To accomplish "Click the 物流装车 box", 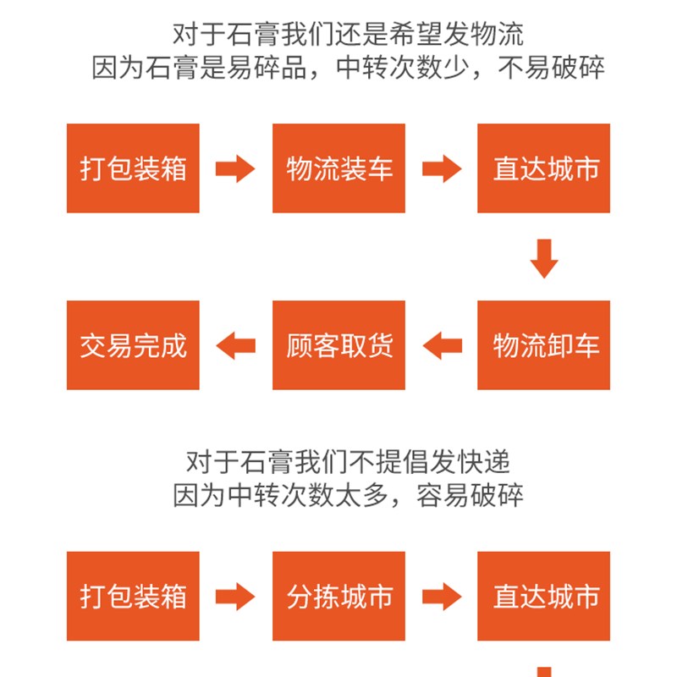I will [x=338, y=168].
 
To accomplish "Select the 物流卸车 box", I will [x=544, y=345].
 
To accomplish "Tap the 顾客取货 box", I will [x=338, y=345].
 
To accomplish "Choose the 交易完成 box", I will [x=133, y=345].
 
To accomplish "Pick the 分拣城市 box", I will [x=338, y=597].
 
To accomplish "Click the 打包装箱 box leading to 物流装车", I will [x=133, y=168].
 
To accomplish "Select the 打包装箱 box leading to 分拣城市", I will [x=133, y=597].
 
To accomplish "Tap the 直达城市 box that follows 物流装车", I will [x=544, y=168].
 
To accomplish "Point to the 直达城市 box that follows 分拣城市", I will [x=544, y=597].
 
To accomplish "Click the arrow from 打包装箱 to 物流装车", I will [x=235, y=168].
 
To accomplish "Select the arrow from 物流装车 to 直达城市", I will [x=441, y=168].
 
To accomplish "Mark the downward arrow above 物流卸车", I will [x=544, y=258].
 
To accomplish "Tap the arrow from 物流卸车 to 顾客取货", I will [x=442, y=345].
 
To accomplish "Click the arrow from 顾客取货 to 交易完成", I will [x=236, y=345].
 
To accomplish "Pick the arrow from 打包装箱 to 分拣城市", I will [x=235, y=597].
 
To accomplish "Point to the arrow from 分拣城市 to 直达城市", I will [x=441, y=597].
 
